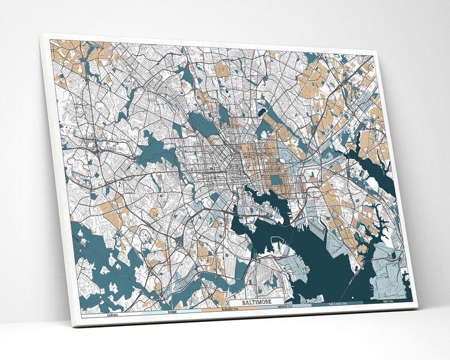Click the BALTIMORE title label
256,302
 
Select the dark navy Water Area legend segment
388,302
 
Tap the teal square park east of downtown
276,180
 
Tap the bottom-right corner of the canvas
418,307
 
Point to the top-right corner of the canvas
376,52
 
